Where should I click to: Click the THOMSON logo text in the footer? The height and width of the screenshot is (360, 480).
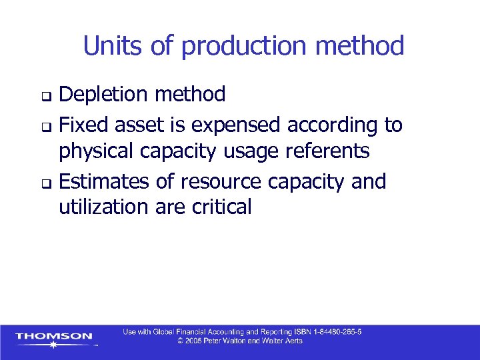pyautogui.click(x=54, y=336)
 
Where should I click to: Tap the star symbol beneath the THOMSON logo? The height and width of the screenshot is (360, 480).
pyautogui.click(x=53, y=347)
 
